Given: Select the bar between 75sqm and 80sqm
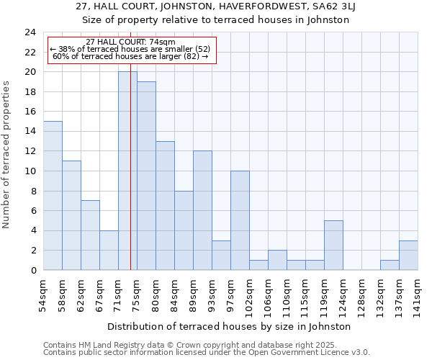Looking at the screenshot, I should pyautogui.click(x=146, y=176).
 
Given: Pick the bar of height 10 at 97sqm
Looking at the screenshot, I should pyautogui.click(x=240, y=220).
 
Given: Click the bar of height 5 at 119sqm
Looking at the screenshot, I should pyautogui.click(x=333, y=245).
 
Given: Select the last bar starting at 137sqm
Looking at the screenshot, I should pyautogui.click(x=408, y=255).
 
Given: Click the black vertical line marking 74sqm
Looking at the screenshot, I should pyautogui.click(x=130, y=216).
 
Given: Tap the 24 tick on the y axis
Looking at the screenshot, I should pyautogui.click(x=30, y=32).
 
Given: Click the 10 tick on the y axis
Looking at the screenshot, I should pyautogui.click(x=30, y=171).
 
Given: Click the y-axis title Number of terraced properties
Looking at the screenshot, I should pyautogui.click(x=6, y=154).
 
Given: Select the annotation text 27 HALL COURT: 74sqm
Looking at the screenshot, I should pyautogui.click(x=130, y=42).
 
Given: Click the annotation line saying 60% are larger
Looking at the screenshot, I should pyautogui.click(x=130, y=56).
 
